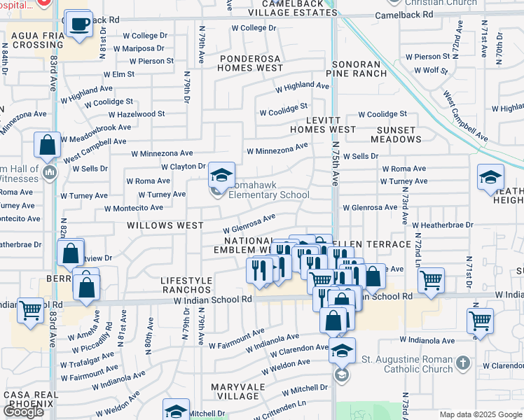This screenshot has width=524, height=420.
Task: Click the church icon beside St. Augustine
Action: (x=462, y=363)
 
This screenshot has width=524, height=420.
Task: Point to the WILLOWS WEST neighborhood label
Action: (x=164, y=226)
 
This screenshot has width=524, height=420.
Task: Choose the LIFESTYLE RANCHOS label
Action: (x=186, y=284)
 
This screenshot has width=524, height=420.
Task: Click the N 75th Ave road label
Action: (x=335, y=163)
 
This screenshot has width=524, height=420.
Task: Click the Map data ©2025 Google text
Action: (x=481, y=414)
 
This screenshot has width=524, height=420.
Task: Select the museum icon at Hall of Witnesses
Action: (x=49, y=172)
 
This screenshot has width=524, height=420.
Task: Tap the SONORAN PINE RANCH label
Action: (x=356, y=69)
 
